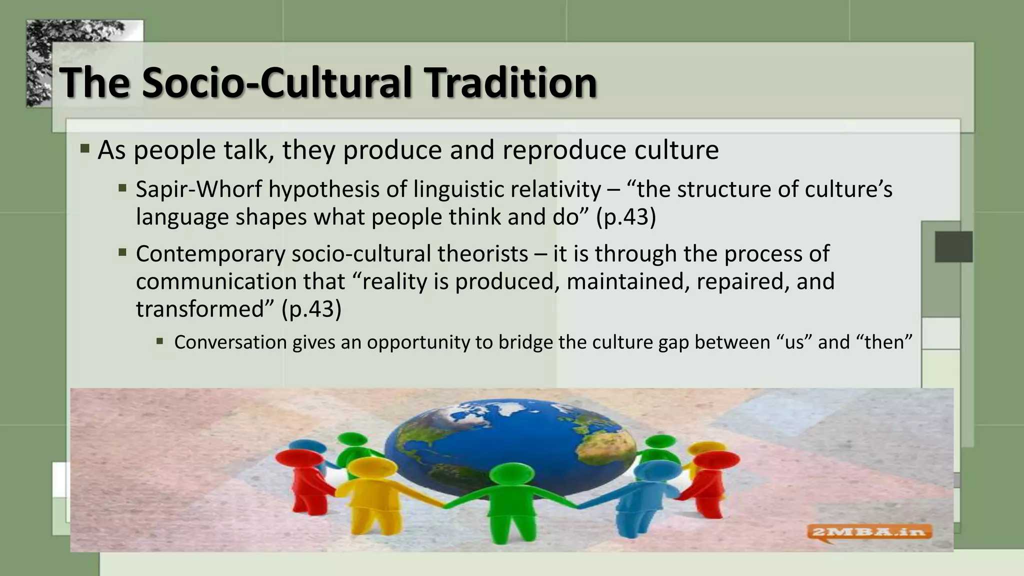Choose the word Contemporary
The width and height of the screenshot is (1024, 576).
pyautogui.click(x=210, y=254)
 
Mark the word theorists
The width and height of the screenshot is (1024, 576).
pyautogui.click(x=483, y=254)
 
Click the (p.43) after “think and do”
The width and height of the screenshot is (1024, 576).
pyautogui.click(x=625, y=217)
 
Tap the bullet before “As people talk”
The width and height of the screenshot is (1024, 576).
pyautogui.click(x=85, y=148)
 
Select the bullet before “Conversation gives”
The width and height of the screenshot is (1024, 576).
pyautogui.click(x=159, y=341)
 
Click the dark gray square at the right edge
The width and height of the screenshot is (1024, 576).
pyautogui.click(x=953, y=246)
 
